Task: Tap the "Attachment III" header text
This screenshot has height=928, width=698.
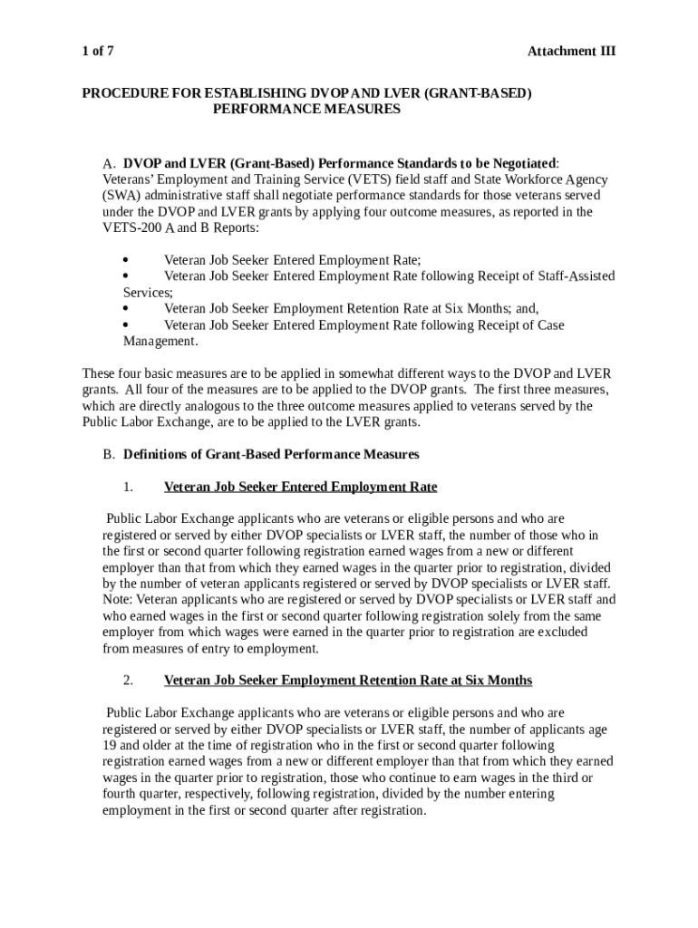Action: [571, 51]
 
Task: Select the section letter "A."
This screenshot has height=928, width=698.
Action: [110, 164]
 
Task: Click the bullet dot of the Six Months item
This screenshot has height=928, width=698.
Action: [126, 308]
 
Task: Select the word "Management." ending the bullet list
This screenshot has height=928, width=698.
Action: [160, 342]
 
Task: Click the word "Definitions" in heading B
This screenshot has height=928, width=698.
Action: [156, 454]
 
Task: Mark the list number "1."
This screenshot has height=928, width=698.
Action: [128, 488]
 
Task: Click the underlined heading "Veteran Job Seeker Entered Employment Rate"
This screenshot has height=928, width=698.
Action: [300, 488]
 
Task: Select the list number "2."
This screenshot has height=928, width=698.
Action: [128, 681]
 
